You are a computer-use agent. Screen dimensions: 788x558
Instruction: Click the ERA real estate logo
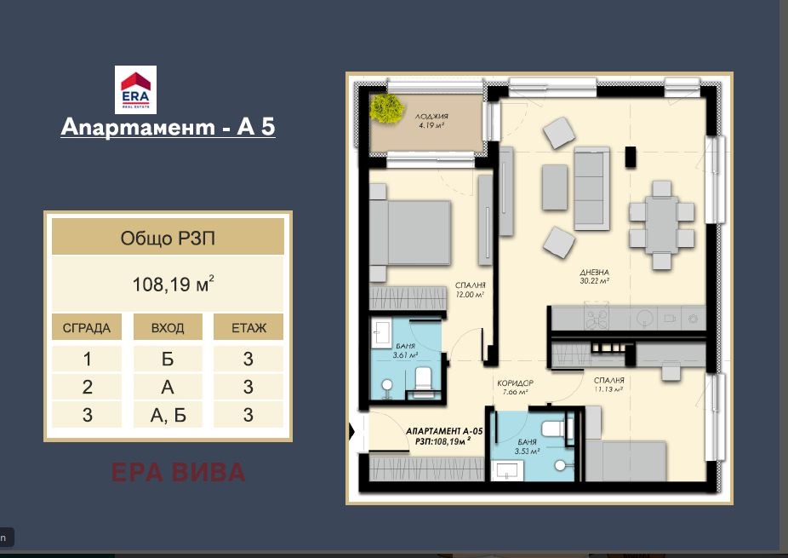[135, 89]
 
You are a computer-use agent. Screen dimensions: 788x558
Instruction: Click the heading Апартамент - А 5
[168, 127]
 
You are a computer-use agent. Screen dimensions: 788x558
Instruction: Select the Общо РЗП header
[168, 238]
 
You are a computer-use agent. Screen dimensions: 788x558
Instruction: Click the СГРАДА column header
[87, 328]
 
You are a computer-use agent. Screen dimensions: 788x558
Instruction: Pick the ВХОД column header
[168, 328]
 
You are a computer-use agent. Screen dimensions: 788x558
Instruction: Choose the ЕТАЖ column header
[248, 328]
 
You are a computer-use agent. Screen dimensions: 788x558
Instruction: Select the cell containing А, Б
[168, 415]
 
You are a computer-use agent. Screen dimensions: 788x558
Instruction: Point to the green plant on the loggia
[387, 107]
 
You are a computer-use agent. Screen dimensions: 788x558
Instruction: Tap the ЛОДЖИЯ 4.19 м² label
[431, 121]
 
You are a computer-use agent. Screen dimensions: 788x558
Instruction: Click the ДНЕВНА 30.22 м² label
[595, 277]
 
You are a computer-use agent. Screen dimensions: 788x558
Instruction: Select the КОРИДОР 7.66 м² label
[515, 388]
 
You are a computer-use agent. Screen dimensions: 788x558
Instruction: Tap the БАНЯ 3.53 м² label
[527, 446]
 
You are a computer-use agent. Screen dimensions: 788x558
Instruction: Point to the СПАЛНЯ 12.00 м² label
[470, 290]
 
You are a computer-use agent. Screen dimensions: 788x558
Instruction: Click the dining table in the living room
[661, 224]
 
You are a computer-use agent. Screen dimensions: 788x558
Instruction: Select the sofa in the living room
[591, 188]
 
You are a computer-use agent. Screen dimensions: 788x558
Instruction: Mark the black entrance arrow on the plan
[351, 432]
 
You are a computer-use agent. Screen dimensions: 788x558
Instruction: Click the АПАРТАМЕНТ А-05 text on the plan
[444, 431]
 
